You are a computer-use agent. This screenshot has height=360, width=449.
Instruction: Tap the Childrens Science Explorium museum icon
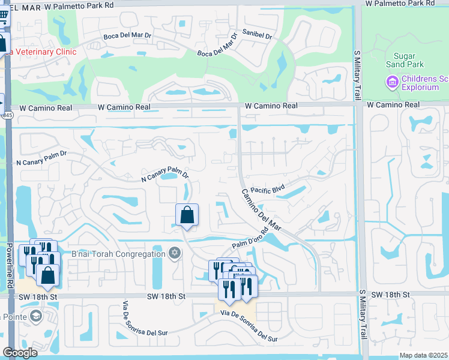tap(393, 82)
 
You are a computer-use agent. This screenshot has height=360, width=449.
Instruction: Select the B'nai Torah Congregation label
tap(118, 254)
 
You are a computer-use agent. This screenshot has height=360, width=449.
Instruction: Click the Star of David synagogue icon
tap(175, 253)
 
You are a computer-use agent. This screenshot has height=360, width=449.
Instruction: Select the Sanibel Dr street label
tap(257, 35)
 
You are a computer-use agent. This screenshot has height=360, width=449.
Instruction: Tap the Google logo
tap(20, 353)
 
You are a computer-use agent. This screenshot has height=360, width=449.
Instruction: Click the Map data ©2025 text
tap(423, 355)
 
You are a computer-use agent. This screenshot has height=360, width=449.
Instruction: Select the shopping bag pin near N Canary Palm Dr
tap(187, 215)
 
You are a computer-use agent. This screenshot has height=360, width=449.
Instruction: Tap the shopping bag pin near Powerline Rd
tap(48, 275)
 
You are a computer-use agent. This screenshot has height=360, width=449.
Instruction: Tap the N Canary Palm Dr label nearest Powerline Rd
tap(41, 158)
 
